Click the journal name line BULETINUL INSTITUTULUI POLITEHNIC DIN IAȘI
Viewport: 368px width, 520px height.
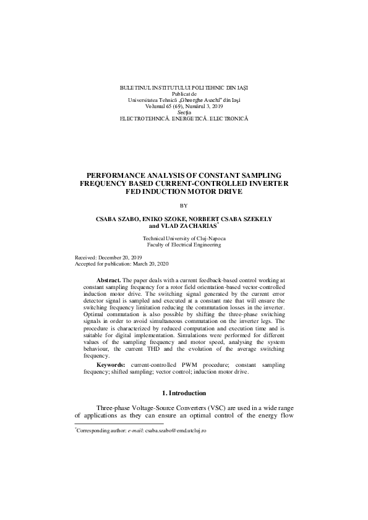point(184,88)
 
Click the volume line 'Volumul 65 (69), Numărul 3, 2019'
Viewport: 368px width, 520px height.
point(184,106)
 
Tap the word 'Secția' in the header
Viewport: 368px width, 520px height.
point(184,112)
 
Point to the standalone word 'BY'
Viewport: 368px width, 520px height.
point(183,205)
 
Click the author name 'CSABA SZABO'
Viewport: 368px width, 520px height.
point(119,219)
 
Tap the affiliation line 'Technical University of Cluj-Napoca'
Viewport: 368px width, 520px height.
point(184,238)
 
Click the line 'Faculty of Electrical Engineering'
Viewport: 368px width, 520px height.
point(184,245)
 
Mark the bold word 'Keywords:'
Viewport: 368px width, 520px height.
point(110,366)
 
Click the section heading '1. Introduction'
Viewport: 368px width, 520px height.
point(184,393)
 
